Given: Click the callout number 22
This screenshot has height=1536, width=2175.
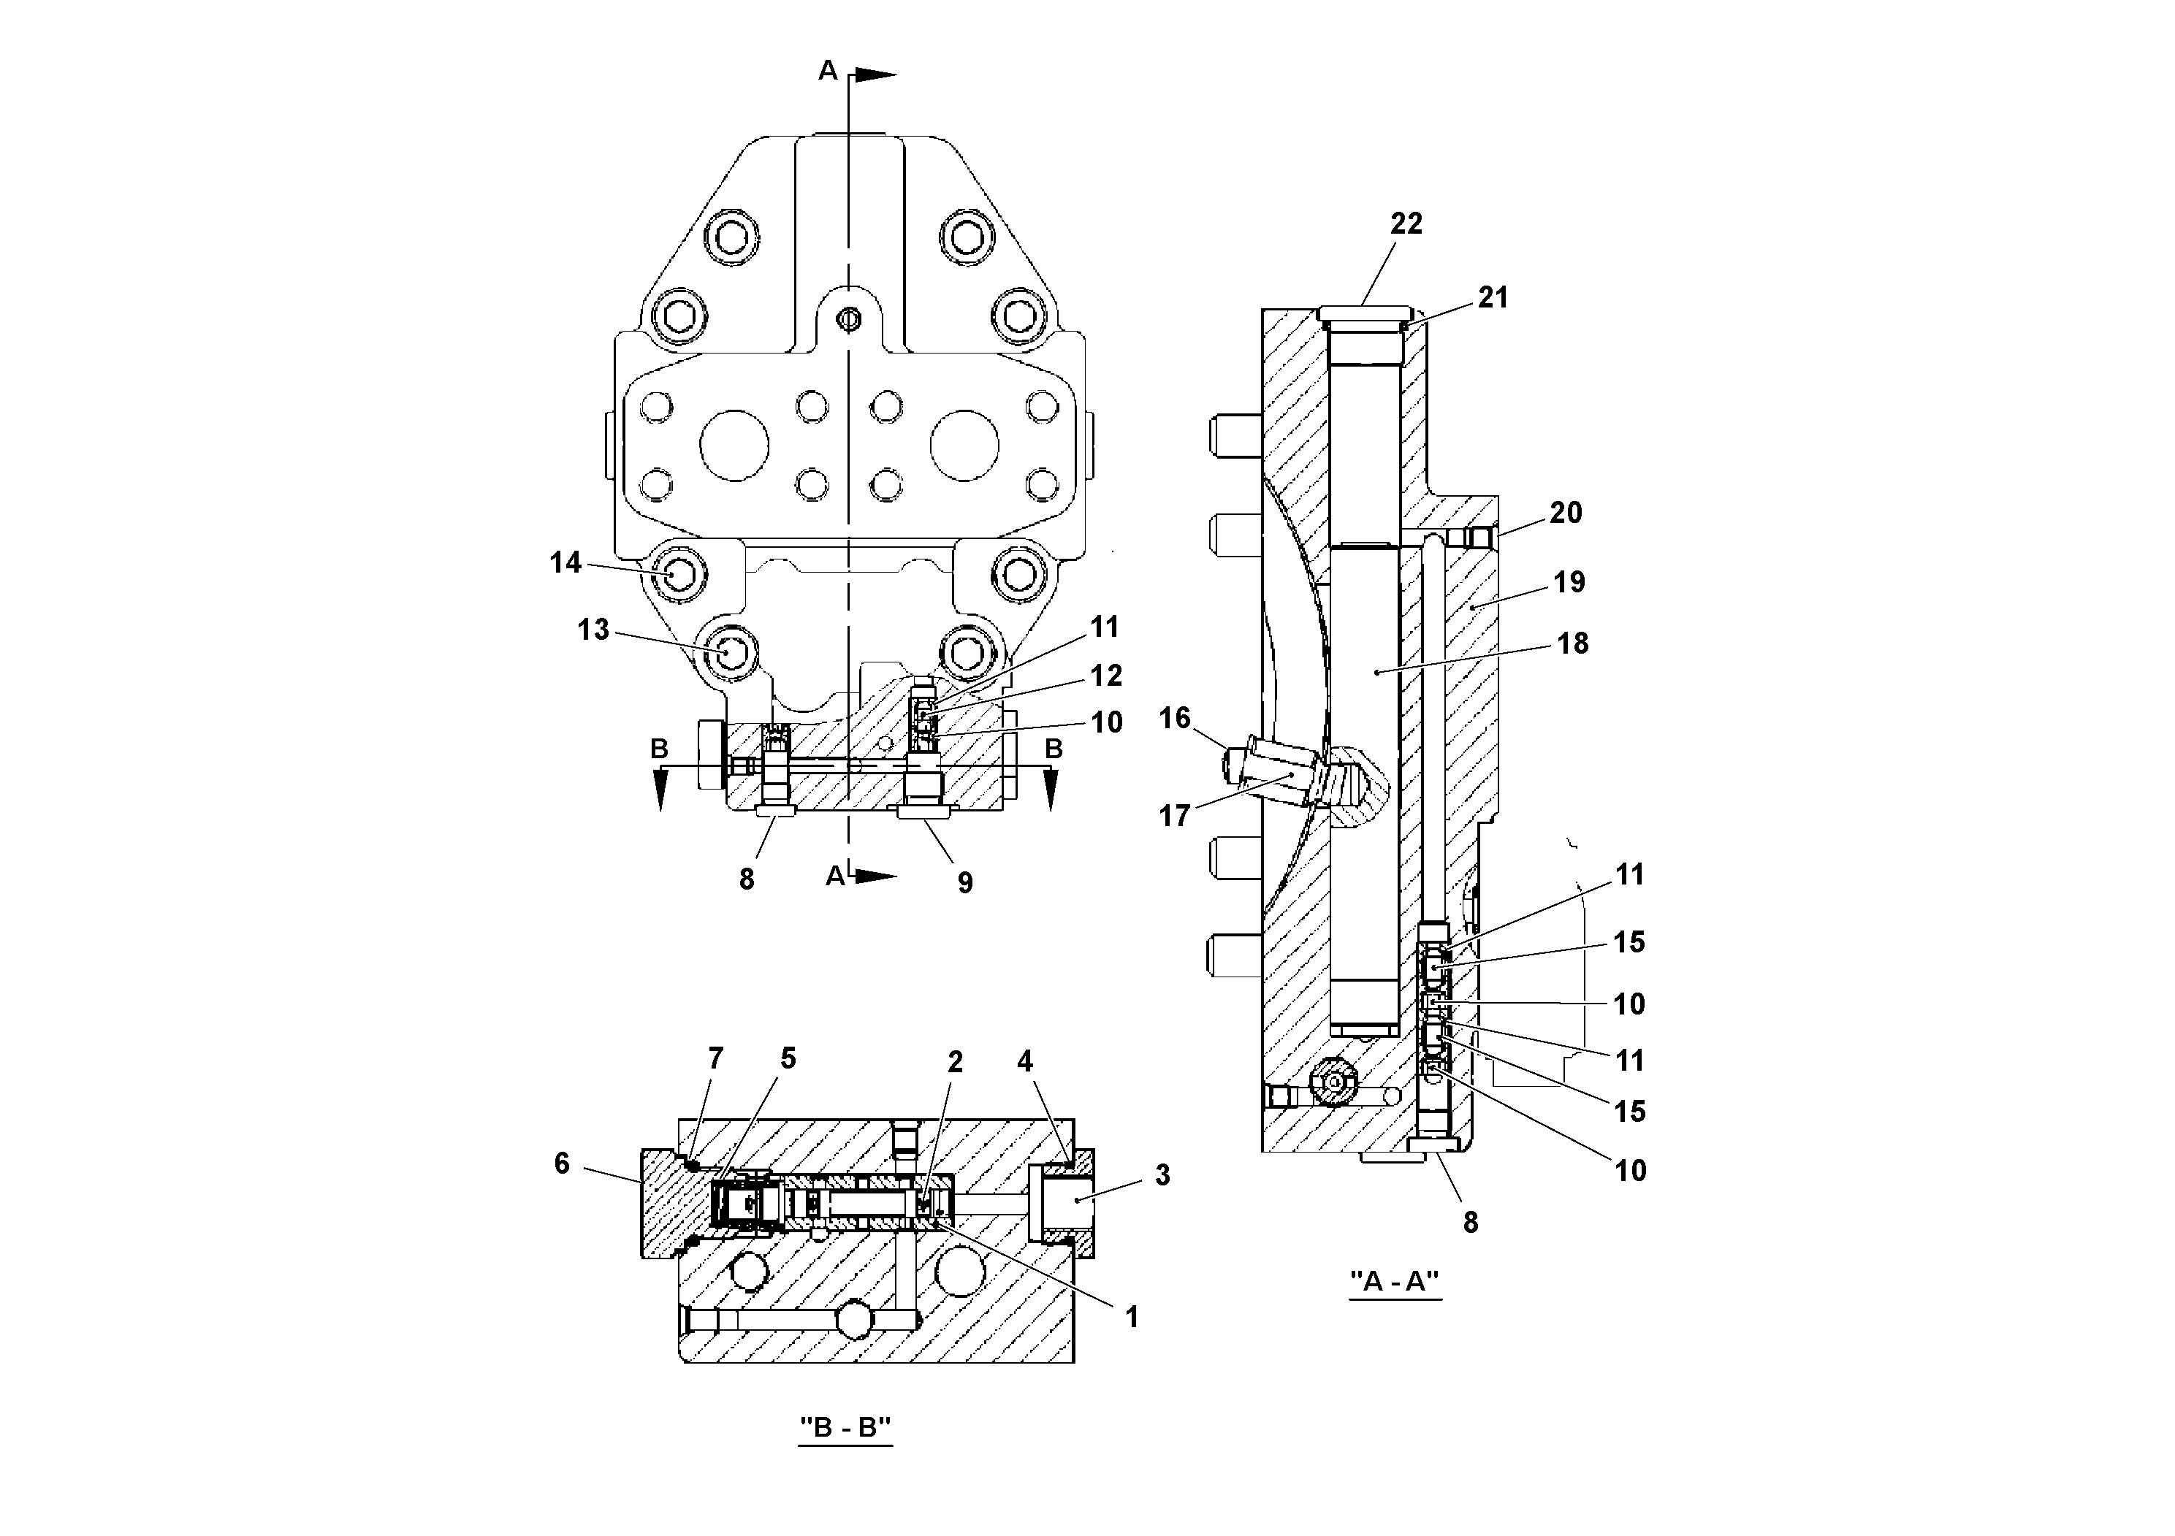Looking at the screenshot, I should [x=1406, y=223].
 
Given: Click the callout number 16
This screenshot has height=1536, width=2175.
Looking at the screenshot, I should [x=1175, y=718].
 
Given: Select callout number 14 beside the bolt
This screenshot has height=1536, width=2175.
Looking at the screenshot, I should [x=565, y=562].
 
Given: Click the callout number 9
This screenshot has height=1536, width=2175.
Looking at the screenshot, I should [x=964, y=882].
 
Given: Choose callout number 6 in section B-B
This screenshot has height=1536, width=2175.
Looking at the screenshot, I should [x=562, y=1163].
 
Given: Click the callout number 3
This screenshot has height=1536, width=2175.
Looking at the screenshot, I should [x=1162, y=1175].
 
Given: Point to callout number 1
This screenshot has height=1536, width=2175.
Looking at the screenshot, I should [x=1131, y=1317].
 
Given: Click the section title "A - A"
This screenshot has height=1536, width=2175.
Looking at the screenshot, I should [x=1395, y=1281].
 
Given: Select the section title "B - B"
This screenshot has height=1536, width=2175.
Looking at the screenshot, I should [x=845, y=1427].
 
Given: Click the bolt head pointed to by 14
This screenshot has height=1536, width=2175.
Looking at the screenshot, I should [x=680, y=575].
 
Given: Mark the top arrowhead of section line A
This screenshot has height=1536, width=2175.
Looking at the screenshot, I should [x=876, y=74].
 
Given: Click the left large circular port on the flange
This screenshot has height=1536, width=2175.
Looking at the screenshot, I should [x=734, y=445].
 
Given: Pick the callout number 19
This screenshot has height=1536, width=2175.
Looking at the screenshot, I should [x=1569, y=581].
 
